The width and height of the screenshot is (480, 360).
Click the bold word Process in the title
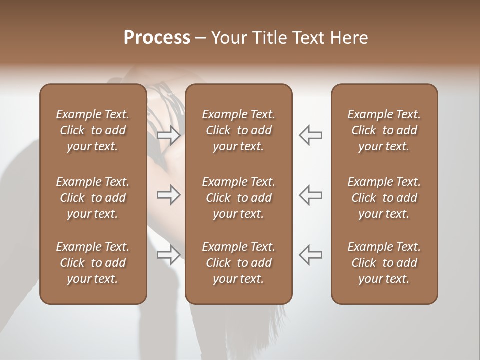point(157,38)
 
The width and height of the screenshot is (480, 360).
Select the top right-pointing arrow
point(168,135)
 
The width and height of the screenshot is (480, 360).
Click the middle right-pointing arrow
point(168,195)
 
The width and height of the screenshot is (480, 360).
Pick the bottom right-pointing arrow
point(168,255)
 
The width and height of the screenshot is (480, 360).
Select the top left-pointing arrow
point(310,135)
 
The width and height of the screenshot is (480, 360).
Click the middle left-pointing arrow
point(310,195)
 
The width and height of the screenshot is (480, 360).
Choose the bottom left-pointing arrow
point(310,255)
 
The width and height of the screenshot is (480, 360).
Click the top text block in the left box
point(93,130)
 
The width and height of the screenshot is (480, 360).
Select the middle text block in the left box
point(93,198)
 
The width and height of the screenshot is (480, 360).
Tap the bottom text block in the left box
point(93,263)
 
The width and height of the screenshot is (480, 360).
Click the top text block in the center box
point(238,130)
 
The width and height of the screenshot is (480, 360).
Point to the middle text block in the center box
point(238,198)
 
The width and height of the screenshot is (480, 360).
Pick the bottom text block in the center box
point(238,263)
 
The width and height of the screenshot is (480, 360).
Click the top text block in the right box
point(384,130)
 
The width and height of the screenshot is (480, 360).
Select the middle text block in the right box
point(384,198)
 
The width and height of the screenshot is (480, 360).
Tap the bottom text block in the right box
point(384,263)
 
